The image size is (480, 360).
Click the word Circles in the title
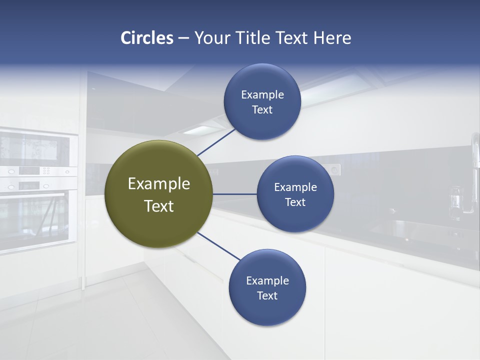point(147,38)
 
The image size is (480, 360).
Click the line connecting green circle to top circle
point(216,142)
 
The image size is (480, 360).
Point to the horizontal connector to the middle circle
point(235,194)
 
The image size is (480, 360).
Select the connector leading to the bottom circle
point(219,246)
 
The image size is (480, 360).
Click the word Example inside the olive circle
point(159,183)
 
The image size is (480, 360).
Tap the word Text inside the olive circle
point(159,206)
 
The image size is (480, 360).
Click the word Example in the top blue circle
point(262,95)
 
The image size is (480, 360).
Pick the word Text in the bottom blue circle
point(267,295)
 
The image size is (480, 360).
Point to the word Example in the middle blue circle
point(295,187)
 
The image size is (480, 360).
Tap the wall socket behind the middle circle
point(334,170)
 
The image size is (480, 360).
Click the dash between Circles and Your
point(183,38)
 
